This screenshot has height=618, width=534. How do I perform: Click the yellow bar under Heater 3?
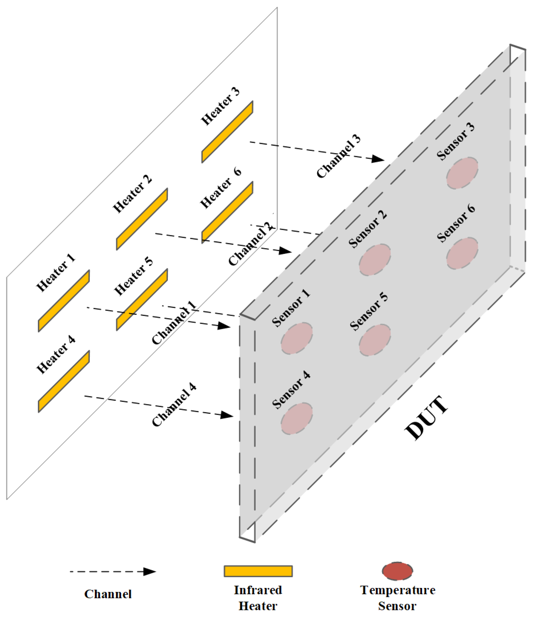(x=227, y=132)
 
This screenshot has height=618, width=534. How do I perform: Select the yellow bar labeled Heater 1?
(x=64, y=301)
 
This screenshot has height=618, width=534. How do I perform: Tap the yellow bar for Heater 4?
(x=64, y=381)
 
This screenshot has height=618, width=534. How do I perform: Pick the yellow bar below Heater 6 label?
(x=227, y=212)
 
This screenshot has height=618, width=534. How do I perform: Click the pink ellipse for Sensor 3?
(x=462, y=173)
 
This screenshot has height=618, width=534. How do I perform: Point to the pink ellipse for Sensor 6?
(x=462, y=253)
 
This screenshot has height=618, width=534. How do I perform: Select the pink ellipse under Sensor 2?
(x=375, y=260)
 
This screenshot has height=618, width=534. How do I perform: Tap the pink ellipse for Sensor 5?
(x=375, y=340)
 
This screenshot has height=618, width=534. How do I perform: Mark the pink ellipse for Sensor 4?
(x=297, y=419)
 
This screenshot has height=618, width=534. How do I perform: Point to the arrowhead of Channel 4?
(x=227, y=415)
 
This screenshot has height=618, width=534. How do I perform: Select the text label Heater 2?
(x=132, y=194)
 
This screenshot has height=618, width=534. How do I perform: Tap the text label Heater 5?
(x=134, y=276)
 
